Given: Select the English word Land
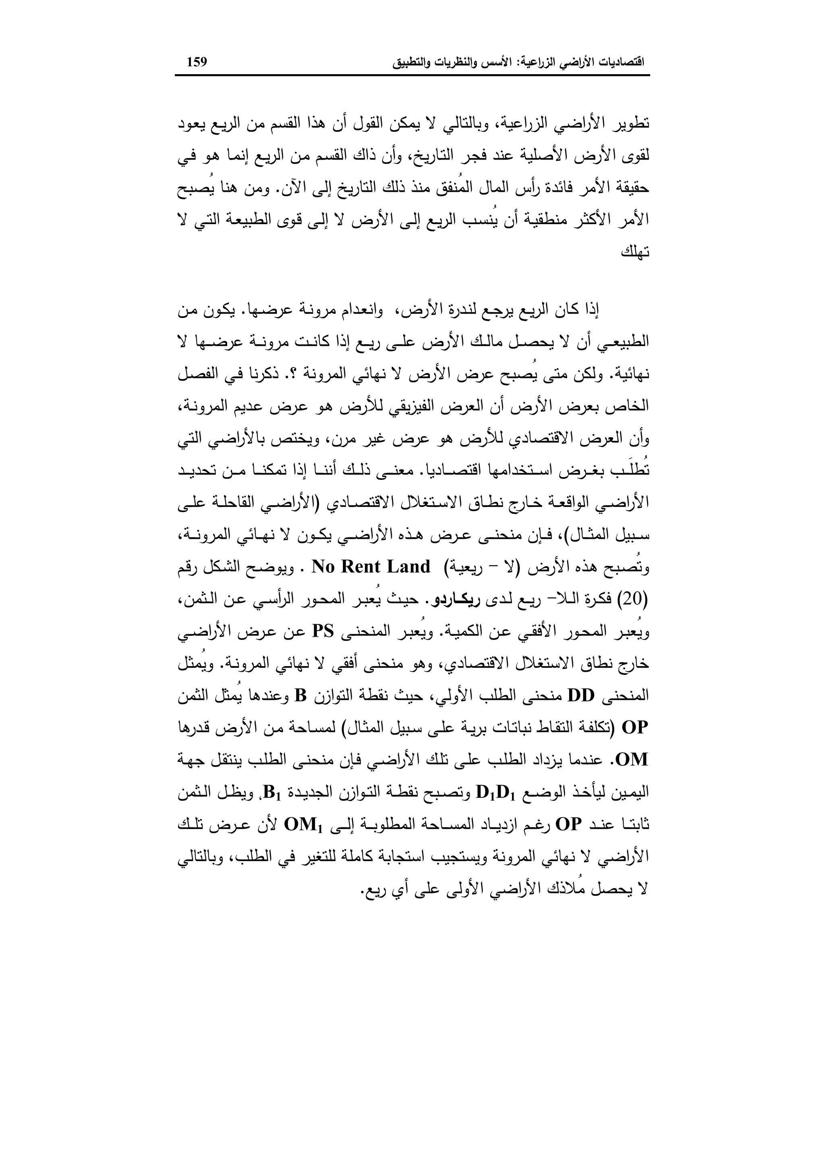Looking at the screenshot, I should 408,567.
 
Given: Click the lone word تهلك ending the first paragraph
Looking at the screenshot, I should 635,253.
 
